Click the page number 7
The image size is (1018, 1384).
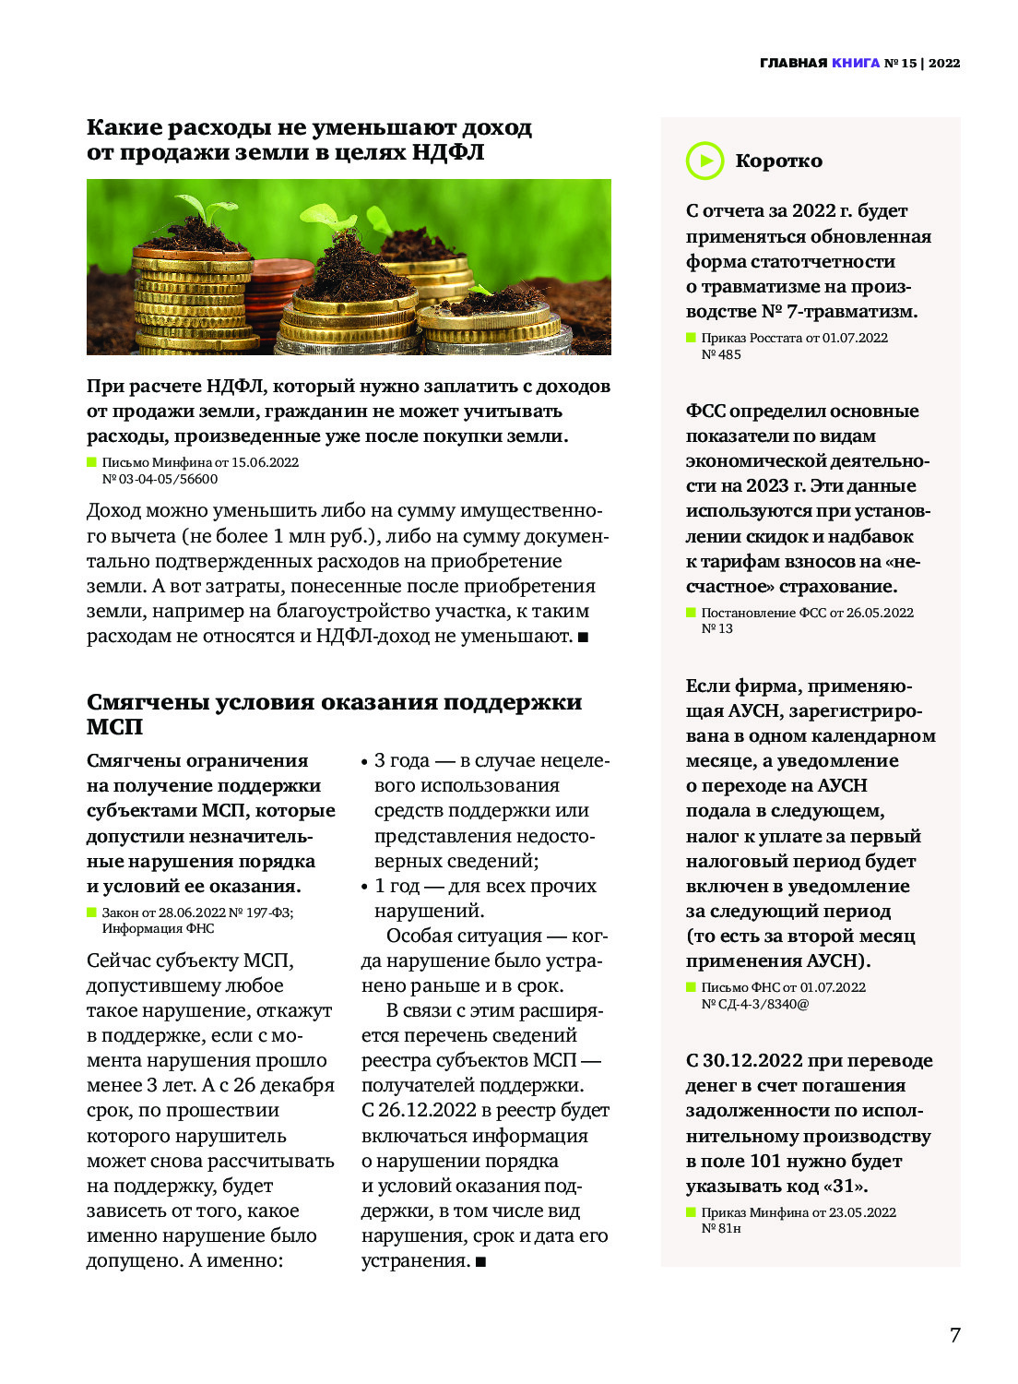point(954,1335)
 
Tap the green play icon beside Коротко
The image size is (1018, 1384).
point(705,161)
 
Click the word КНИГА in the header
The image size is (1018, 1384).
point(856,63)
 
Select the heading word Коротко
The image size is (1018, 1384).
point(778,161)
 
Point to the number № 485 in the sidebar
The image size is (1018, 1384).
point(721,354)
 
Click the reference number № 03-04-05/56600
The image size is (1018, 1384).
point(160,479)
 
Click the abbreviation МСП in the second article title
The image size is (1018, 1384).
point(114,726)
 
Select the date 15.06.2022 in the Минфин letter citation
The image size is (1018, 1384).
point(265,462)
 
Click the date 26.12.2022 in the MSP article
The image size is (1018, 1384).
point(428,1110)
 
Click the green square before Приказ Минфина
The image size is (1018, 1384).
point(691,1211)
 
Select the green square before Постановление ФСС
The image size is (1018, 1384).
point(691,612)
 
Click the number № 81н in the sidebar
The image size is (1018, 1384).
point(721,1228)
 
